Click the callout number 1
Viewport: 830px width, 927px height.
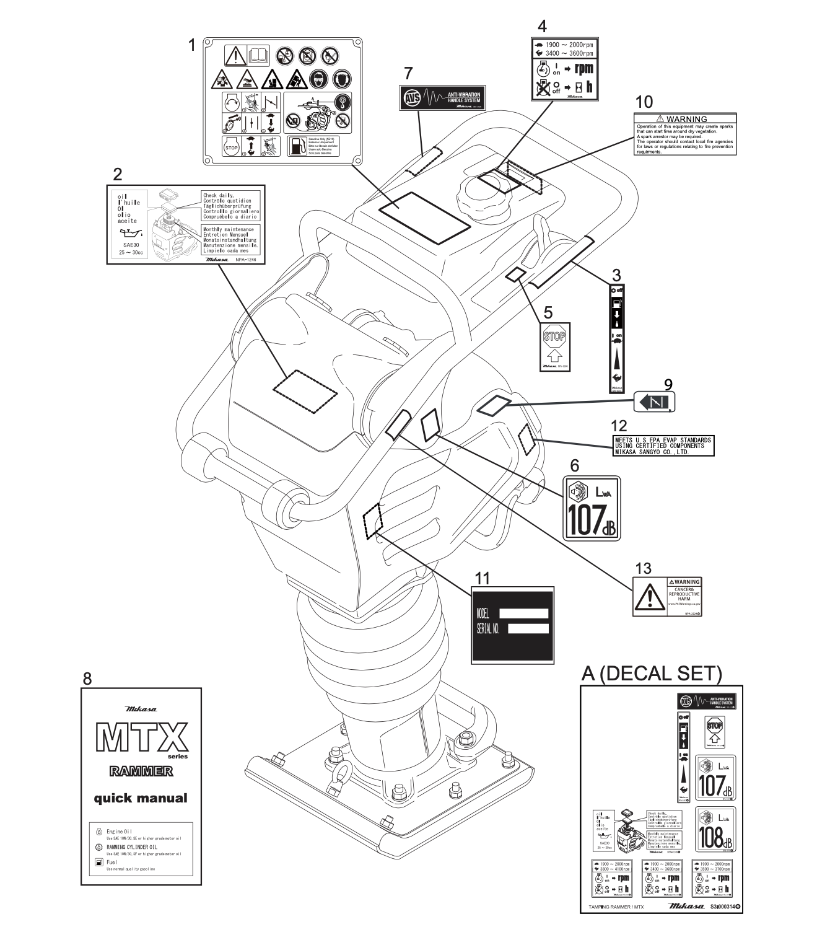(x=192, y=45)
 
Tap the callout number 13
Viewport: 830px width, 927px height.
(x=644, y=568)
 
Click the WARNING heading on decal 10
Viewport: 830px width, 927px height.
(x=686, y=119)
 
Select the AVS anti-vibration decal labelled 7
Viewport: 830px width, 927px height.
(x=441, y=98)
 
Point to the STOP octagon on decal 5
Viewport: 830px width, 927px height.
(x=554, y=337)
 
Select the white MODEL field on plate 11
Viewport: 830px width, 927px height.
(x=523, y=613)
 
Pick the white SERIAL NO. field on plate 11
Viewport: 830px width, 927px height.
(x=528, y=628)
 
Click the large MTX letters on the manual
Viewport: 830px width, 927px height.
(x=141, y=739)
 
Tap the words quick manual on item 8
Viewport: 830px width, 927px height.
(x=141, y=798)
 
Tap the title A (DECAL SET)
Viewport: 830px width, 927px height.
(x=652, y=674)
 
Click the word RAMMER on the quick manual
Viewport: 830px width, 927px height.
(x=141, y=771)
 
